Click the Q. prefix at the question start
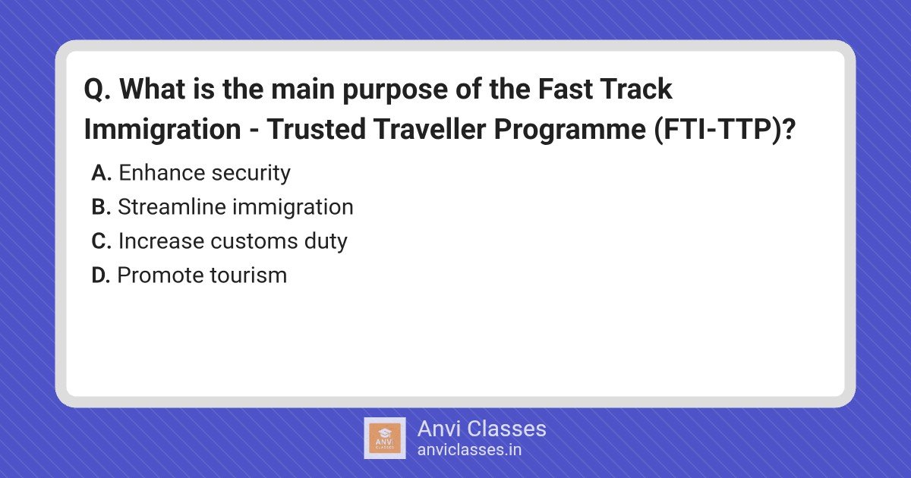tap(97, 89)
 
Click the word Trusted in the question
tap(316, 129)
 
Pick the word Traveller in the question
tap(430, 129)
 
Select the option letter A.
tap(101, 173)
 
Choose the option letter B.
tap(101, 207)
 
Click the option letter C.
tap(101, 241)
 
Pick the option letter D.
tap(101, 275)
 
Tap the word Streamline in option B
tap(172, 206)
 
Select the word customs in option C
tap(254, 241)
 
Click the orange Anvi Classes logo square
tap(385, 439)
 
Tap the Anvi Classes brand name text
tap(481, 429)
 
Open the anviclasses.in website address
tap(469, 450)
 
